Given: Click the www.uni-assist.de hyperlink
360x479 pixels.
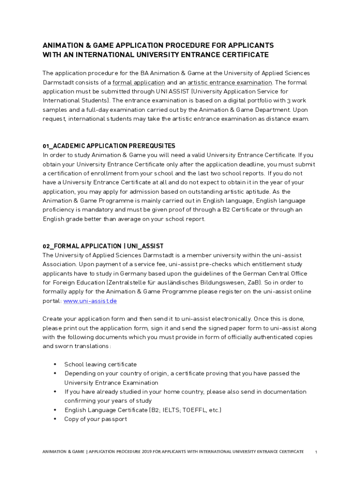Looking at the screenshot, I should click(90, 301).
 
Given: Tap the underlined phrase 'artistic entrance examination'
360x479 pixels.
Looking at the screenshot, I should click(230, 82).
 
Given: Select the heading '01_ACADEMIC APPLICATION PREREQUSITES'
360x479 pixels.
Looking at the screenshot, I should click(109, 146).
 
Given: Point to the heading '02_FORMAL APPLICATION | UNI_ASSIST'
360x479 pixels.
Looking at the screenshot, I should click(103, 246).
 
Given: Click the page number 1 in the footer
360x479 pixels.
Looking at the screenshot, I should click(317, 452).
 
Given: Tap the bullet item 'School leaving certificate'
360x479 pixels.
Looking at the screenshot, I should click(101, 364).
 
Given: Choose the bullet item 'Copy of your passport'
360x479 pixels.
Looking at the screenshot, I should click(95, 419).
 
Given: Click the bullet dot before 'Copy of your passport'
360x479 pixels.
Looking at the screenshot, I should click(55, 419).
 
